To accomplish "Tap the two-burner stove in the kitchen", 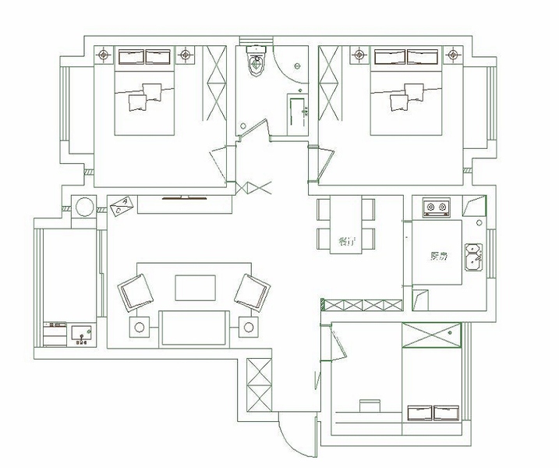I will pyautogui.click(x=437, y=207).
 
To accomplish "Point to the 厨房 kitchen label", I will pyautogui.click(x=439, y=255).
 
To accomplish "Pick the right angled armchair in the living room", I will pyautogui.click(x=252, y=292).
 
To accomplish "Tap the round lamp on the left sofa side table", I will pyautogui.click(x=140, y=327).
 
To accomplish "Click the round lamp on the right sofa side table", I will pyautogui.click(x=248, y=327).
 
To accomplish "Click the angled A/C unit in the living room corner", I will pyautogui.click(x=122, y=207).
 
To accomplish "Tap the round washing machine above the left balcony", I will pyautogui.click(x=83, y=207).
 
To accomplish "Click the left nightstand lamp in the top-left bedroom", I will pyautogui.click(x=103, y=55).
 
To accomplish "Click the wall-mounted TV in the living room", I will pyautogui.click(x=184, y=198).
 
